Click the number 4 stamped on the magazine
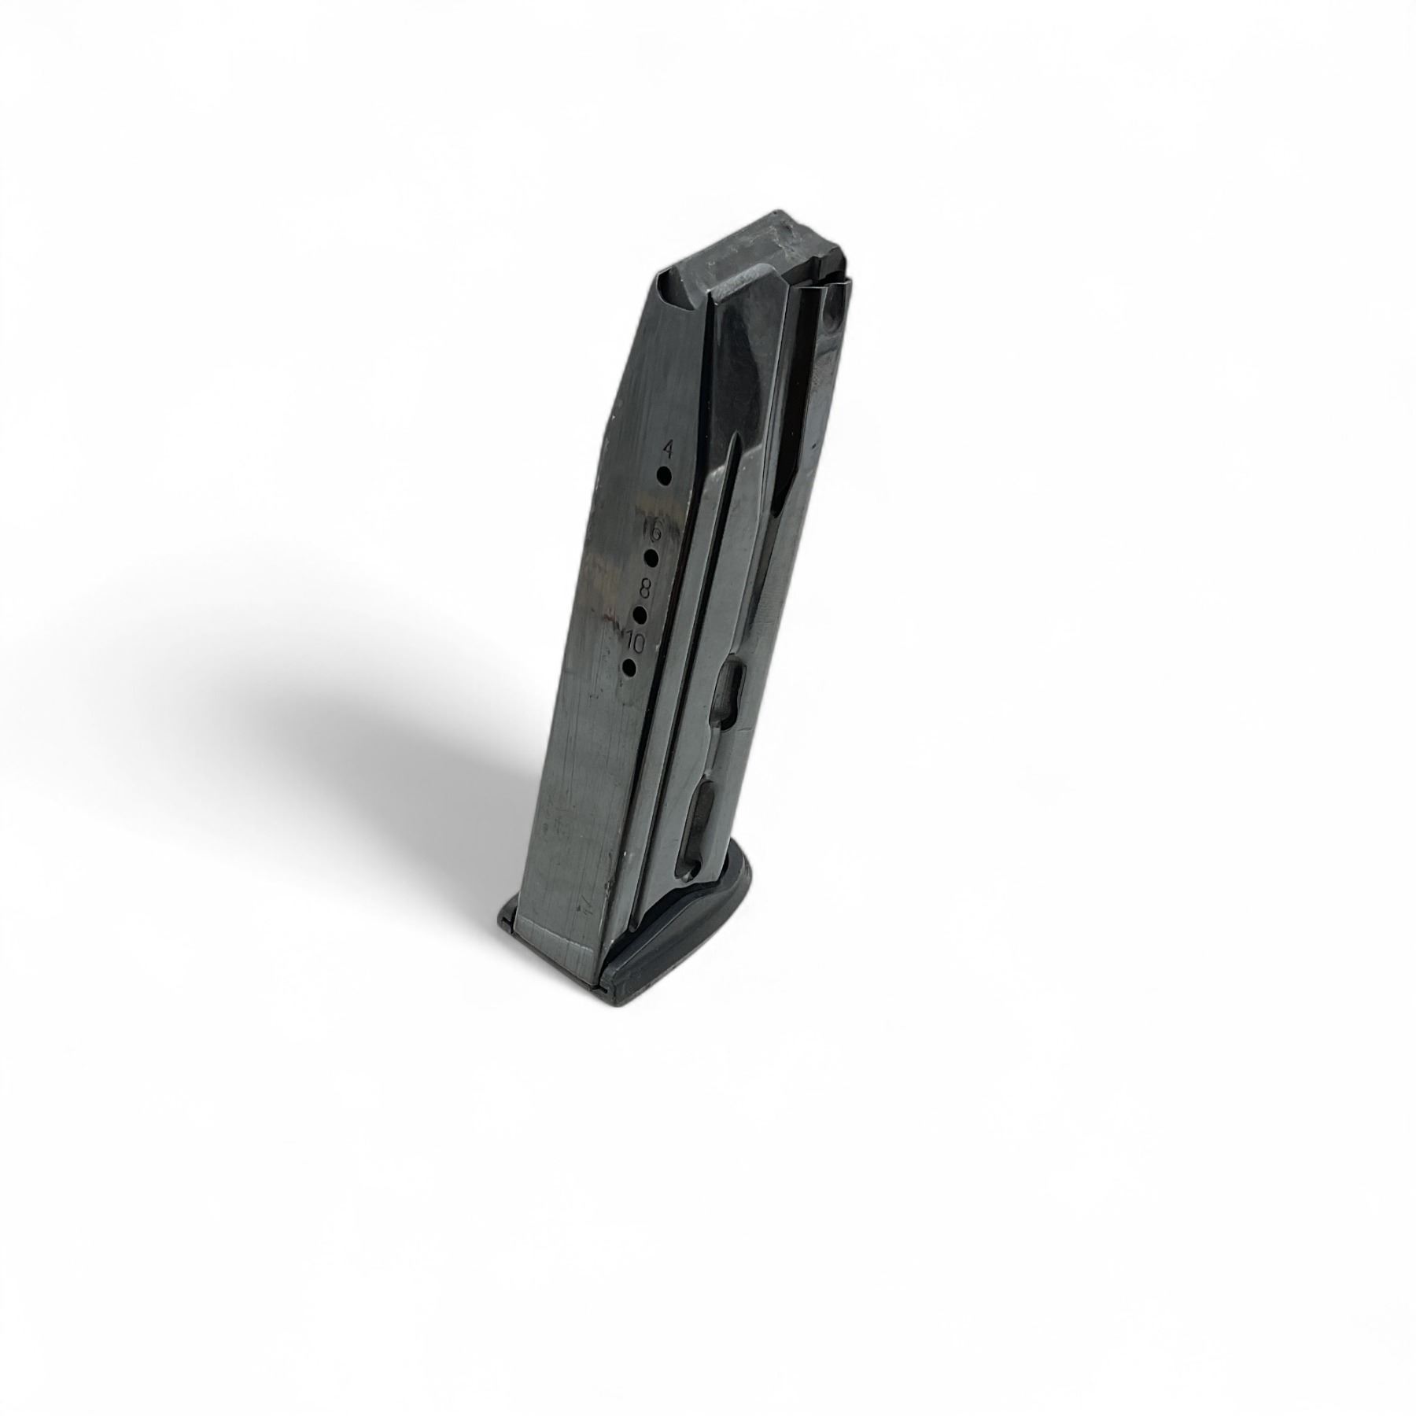tap(668, 451)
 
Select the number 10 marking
tap(634, 642)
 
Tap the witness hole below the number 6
tap(651, 557)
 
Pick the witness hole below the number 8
tap(640, 614)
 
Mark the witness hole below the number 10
tap(629, 669)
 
